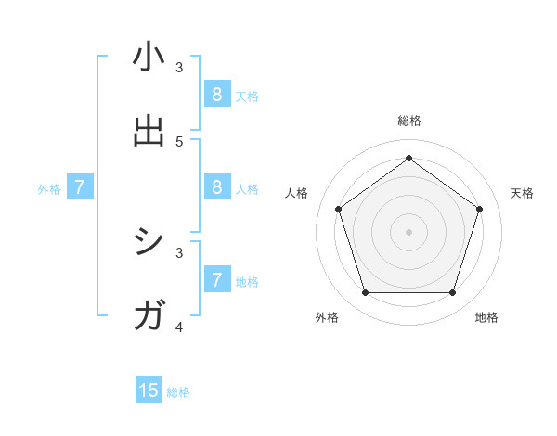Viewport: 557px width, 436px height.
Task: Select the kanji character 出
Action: point(149,131)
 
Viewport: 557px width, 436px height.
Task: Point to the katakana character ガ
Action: point(149,316)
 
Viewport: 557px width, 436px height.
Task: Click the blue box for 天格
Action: point(217,94)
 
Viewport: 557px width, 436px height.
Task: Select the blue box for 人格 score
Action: point(217,186)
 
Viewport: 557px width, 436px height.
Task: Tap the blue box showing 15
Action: point(149,391)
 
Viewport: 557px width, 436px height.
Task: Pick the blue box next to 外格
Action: point(80,186)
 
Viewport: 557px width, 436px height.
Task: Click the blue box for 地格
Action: point(217,279)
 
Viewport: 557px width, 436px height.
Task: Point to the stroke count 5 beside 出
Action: point(179,141)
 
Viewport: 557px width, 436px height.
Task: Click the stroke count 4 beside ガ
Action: point(179,327)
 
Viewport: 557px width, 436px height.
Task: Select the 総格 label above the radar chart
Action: point(408,121)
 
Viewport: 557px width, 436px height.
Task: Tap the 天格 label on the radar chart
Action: point(522,193)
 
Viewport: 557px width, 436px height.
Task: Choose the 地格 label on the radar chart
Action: point(486,317)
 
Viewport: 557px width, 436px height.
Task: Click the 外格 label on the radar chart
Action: point(327,317)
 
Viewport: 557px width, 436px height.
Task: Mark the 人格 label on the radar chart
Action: point(296,193)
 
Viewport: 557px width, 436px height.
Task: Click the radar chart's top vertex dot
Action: point(408,158)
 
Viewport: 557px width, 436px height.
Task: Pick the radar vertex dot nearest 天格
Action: point(480,209)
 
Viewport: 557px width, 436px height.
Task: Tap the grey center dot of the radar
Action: point(408,231)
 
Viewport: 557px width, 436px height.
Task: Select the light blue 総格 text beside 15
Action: point(178,392)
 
